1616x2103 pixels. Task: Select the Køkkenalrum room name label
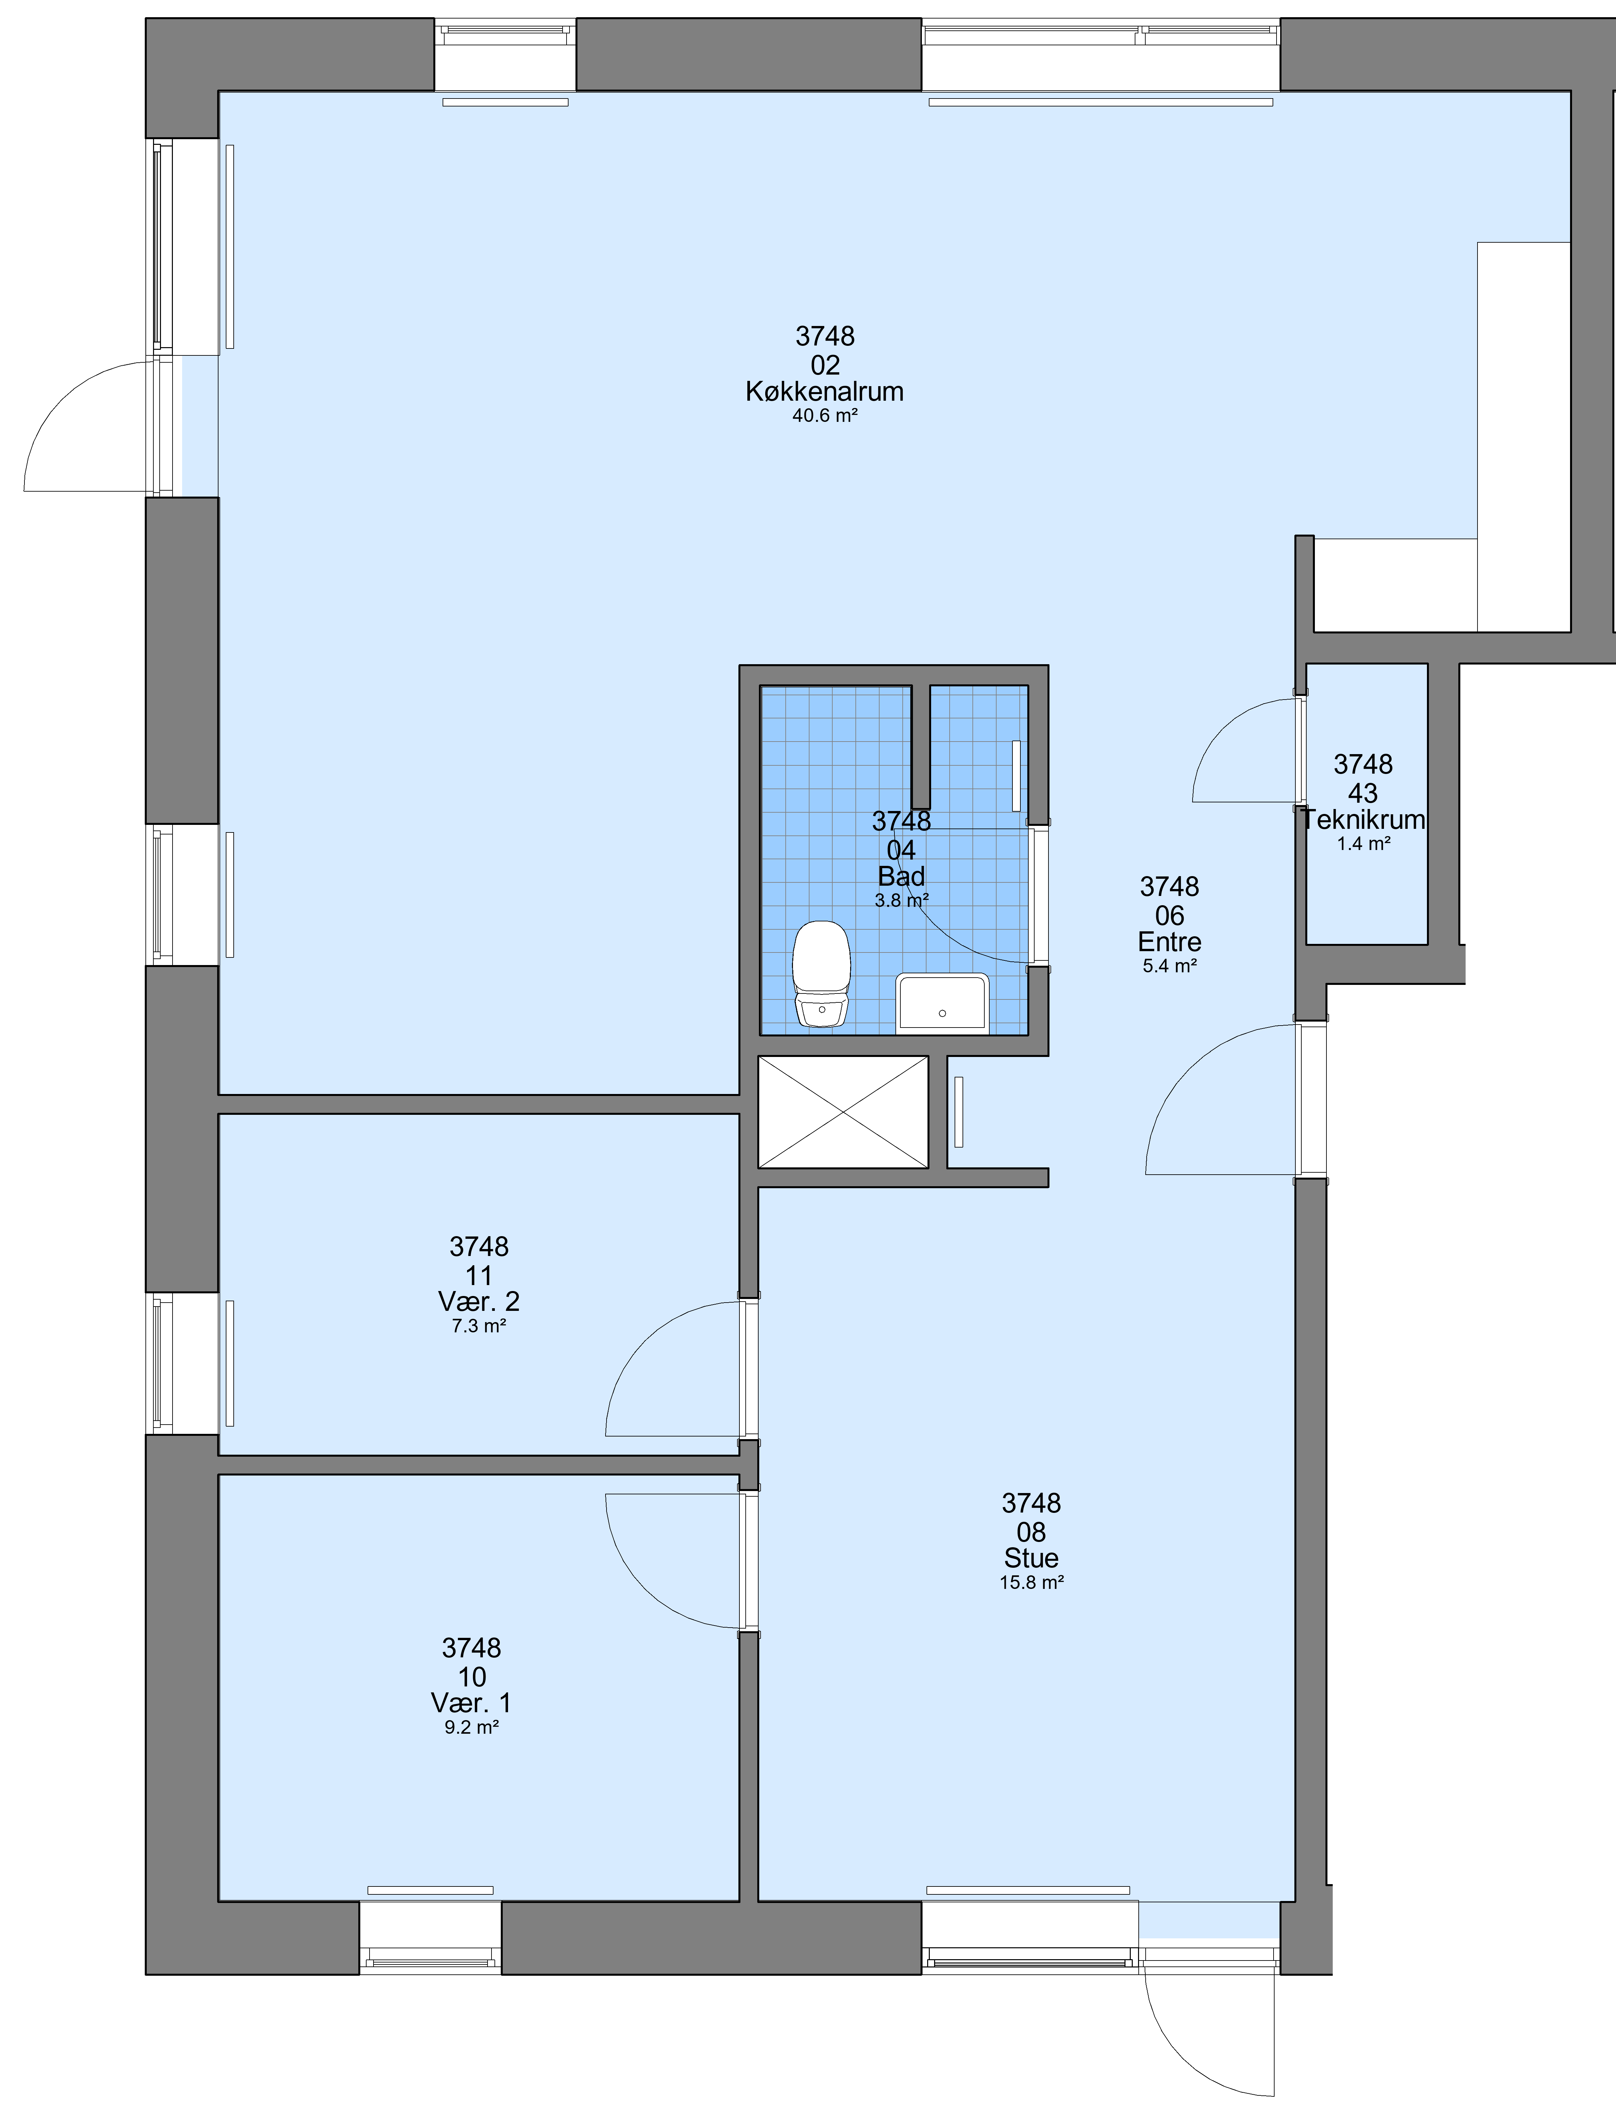coord(824,391)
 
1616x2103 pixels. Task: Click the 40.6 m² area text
coord(824,417)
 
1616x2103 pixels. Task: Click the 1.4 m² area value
coord(1363,844)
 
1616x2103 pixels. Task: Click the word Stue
coord(1031,1558)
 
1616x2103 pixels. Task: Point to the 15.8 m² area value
coord(1031,1583)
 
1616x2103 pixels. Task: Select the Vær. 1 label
coord(471,1703)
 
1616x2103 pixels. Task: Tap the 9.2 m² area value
coord(471,1727)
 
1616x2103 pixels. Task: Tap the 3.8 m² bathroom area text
coord(901,901)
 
